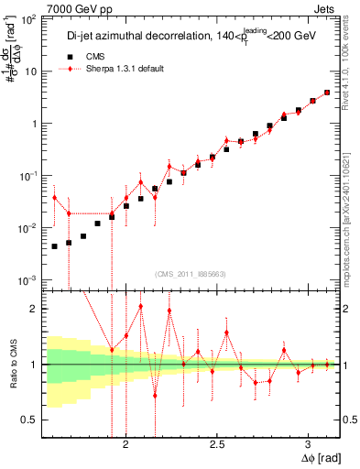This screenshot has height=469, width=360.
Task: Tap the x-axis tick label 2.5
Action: (x=217, y=444)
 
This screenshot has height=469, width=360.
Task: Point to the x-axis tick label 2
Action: (x=125, y=444)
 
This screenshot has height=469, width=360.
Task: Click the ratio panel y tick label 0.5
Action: (x=29, y=420)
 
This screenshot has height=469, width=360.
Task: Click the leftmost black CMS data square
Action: (x=55, y=246)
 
